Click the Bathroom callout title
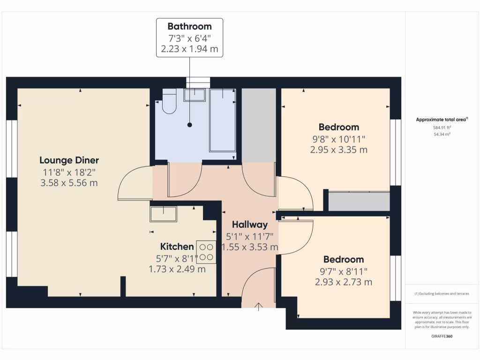pos(189,26)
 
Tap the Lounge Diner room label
pos(69,160)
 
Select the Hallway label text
pos(250,225)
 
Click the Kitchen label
pos(177,247)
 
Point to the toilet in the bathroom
pos(169,101)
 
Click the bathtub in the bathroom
pos(223,120)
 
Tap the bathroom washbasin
pos(195,95)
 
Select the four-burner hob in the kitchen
pos(206,252)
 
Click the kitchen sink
pos(164,214)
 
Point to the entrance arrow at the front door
pos(259,307)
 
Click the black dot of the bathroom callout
pos(190,125)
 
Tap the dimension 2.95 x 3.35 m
pos(339,150)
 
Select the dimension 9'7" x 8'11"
pos(344,271)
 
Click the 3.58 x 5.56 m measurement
pos(69,183)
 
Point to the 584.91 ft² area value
pos(442,127)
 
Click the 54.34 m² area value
pos(442,135)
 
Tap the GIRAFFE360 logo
pos(442,336)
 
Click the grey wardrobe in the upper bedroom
pos(359,202)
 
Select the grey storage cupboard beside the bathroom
pos(259,126)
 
